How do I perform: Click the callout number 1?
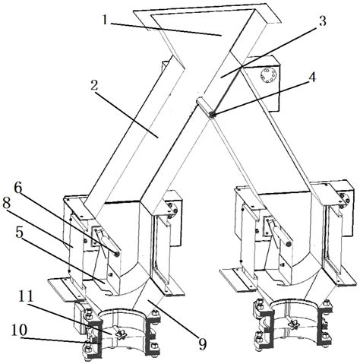[106, 19]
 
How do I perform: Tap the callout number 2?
[94, 86]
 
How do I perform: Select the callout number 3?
[322, 21]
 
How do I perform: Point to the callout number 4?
[313, 77]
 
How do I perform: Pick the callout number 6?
[18, 188]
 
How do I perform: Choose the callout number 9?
[203, 344]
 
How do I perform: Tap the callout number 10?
[18, 331]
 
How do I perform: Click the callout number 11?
[26, 296]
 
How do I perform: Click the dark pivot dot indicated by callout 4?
[212, 115]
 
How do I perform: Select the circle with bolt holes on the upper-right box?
[269, 75]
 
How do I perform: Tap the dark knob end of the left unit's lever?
[117, 255]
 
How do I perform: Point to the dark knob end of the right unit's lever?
[288, 244]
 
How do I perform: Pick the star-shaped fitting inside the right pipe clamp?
[294, 324]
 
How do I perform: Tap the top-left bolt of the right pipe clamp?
[259, 304]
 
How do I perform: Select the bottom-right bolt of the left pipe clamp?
[155, 347]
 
